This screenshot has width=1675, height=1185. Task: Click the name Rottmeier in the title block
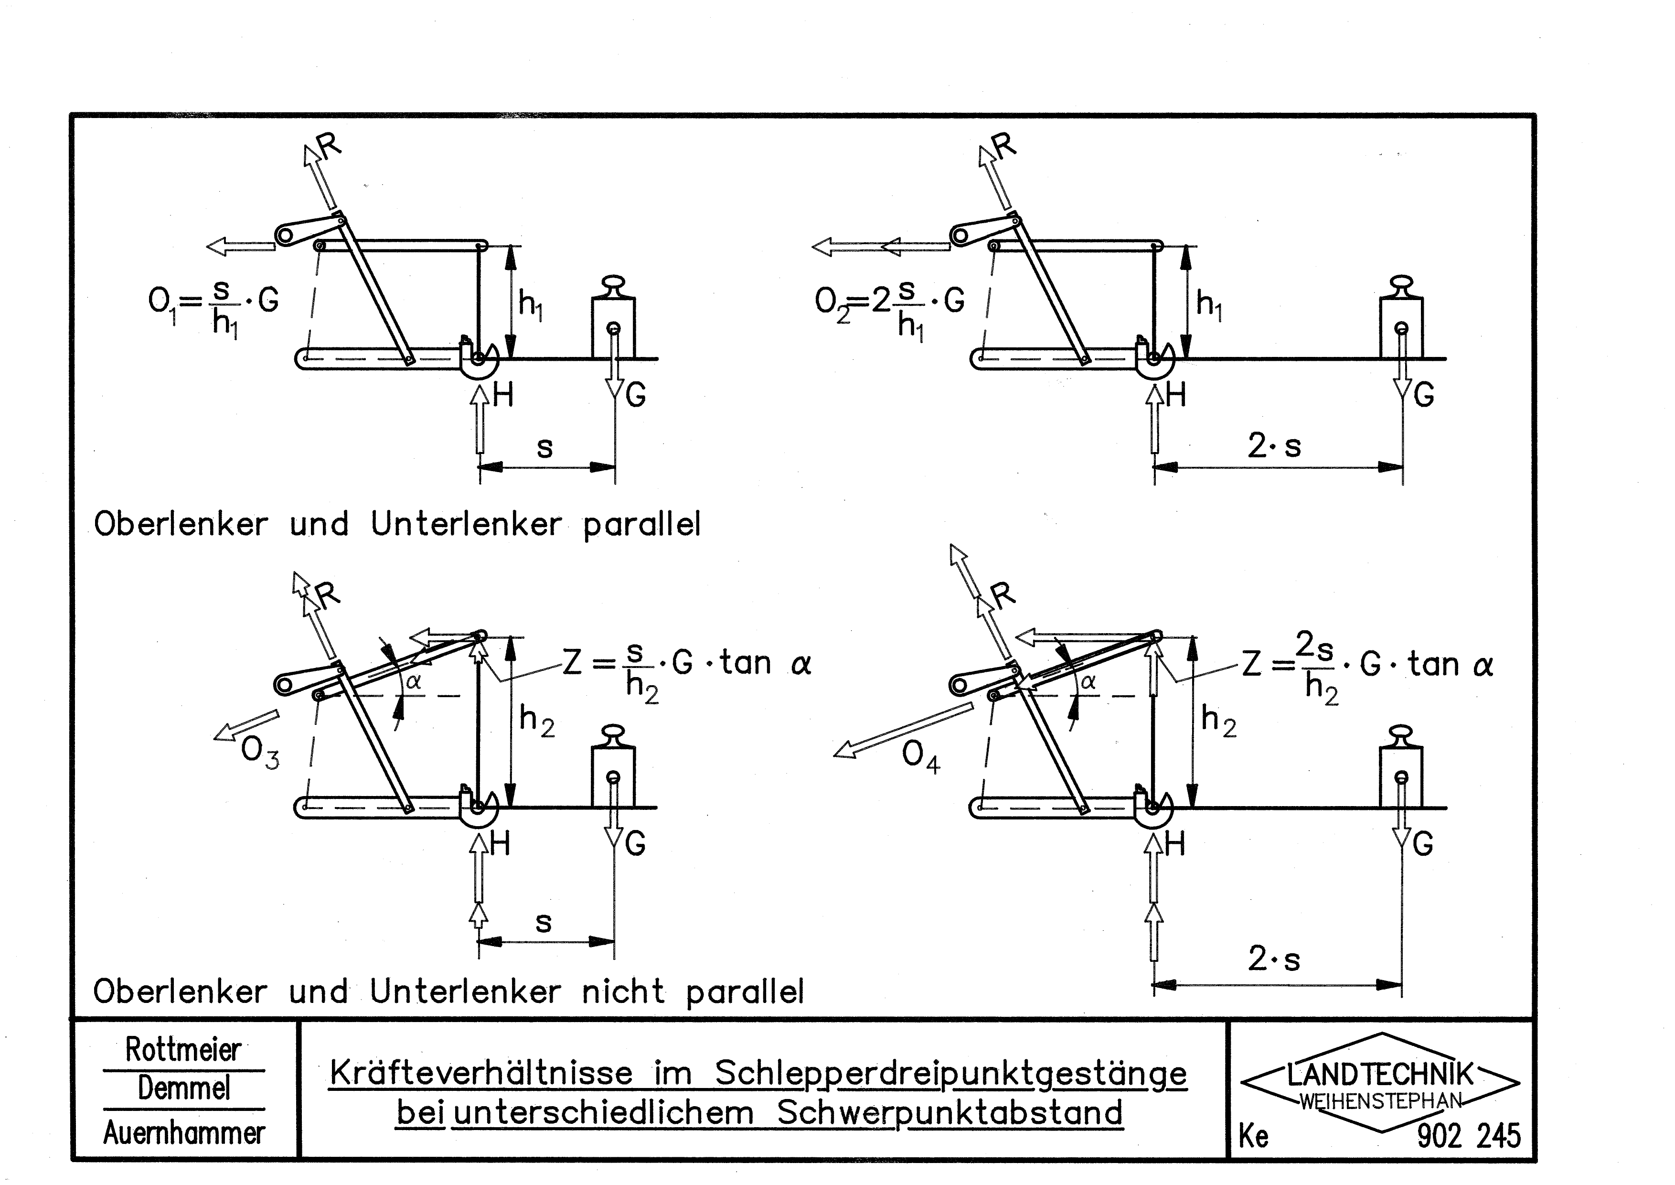[x=183, y=1050]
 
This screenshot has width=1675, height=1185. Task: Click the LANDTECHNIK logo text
[x=1380, y=1075]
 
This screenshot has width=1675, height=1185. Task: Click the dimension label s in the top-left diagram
[x=544, y=447]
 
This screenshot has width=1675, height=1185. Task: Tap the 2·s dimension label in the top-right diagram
[x=1274, y=445]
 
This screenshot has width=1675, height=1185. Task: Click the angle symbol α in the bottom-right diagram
[x=1088, y=681]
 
